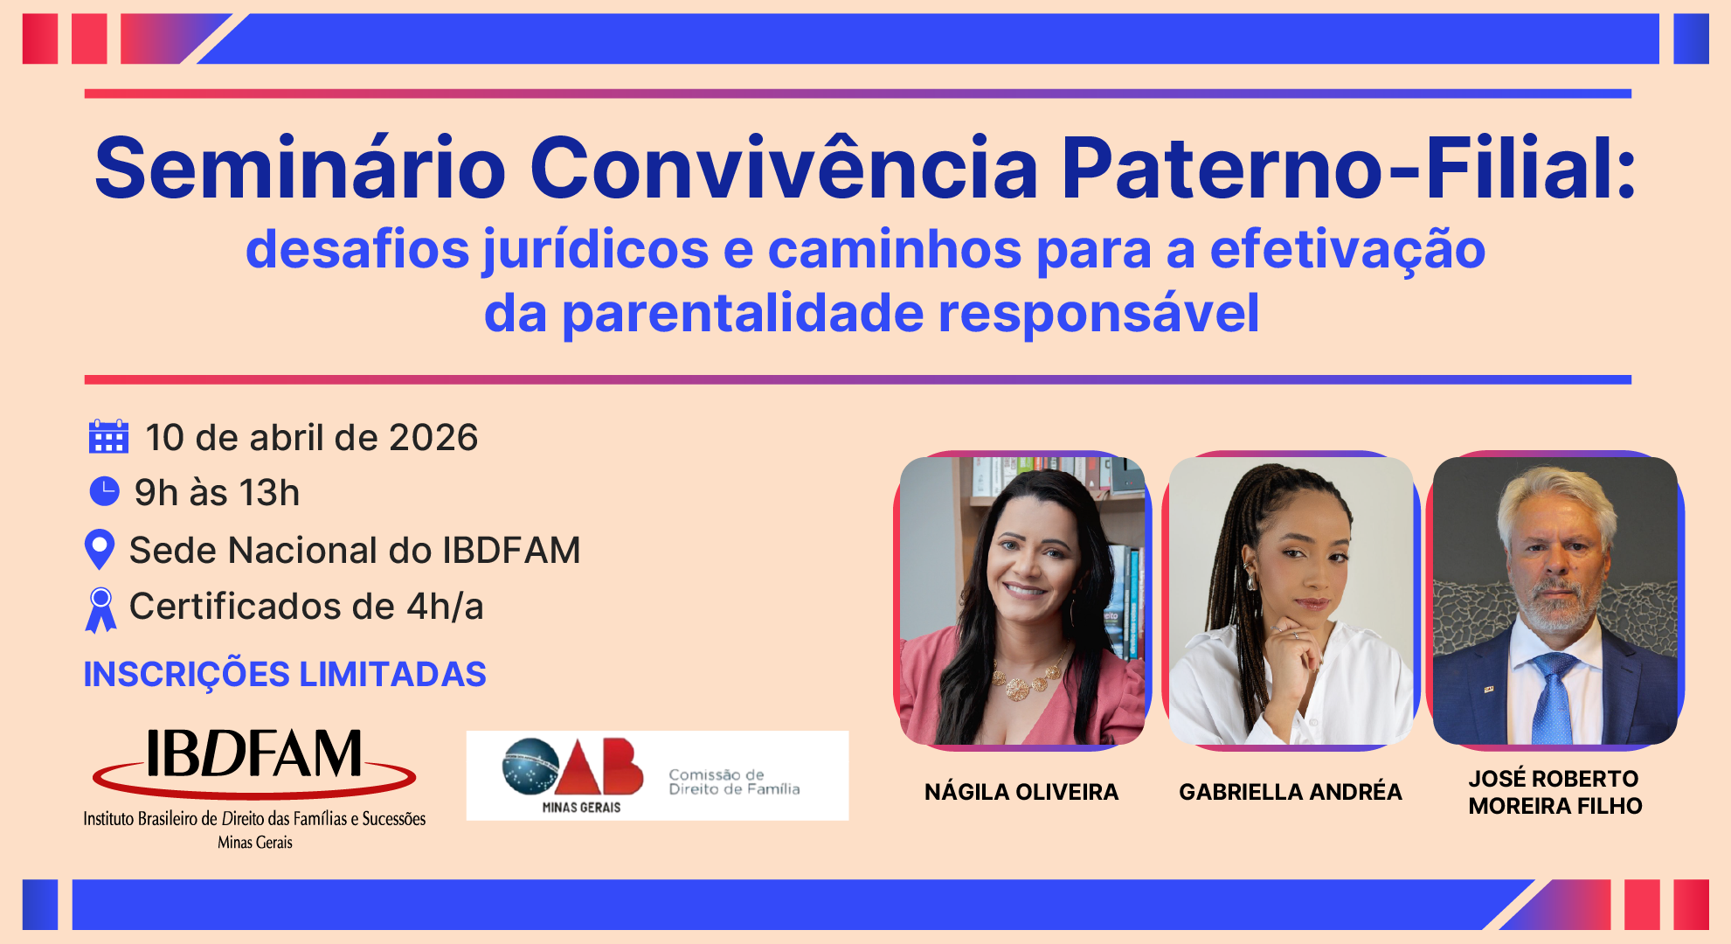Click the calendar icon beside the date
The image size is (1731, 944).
tap(108, 436)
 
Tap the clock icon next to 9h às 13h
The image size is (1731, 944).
tap(105, 491)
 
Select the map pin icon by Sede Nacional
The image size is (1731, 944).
tap(100, 550)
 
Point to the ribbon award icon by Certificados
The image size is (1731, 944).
tap(100, 609)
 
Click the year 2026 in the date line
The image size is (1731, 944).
tap(433, 437)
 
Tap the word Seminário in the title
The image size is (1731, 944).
tap(301, 168)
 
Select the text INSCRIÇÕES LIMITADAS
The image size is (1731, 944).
tap(285, 674)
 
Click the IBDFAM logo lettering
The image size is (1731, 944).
tap(253, 753)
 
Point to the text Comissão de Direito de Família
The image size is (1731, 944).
tap(734, 781)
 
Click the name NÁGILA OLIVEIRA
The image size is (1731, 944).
tap(1021, 792)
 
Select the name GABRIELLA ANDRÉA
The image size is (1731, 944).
tap(1291, 792)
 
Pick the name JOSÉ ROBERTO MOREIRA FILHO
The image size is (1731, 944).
tap(1555, 792)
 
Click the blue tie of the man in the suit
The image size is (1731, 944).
tap(1554, 699)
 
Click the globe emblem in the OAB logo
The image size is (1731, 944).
tap(530, 767)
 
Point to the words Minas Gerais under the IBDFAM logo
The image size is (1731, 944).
tap(255, 843)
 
